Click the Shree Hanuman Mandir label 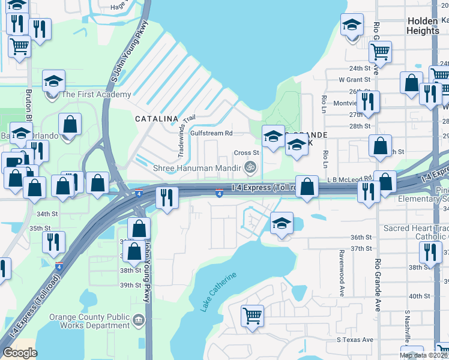pyautogui.click(x=199, y=168)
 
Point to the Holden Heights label pyautogui.click(x=423, y=25)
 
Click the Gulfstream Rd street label pyautogui.click(x=211, y=133)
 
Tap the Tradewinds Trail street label pyautogui.click(x=187, y=137)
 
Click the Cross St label pyautogui.click(x=246, y=153)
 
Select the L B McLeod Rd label pyautogui.click(x=350, y=179)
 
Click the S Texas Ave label pyautogui.click(x=355, y=340)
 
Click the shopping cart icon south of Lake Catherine pyautogui.click(x=252, y=314)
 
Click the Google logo pyautogui.click(x=20, y=353)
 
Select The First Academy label pyautogui.click(x=96, y=94)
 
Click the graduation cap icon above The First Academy pyautogui.click(x=53, y=82)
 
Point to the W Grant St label pyautogui.click(x=354, y=79)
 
